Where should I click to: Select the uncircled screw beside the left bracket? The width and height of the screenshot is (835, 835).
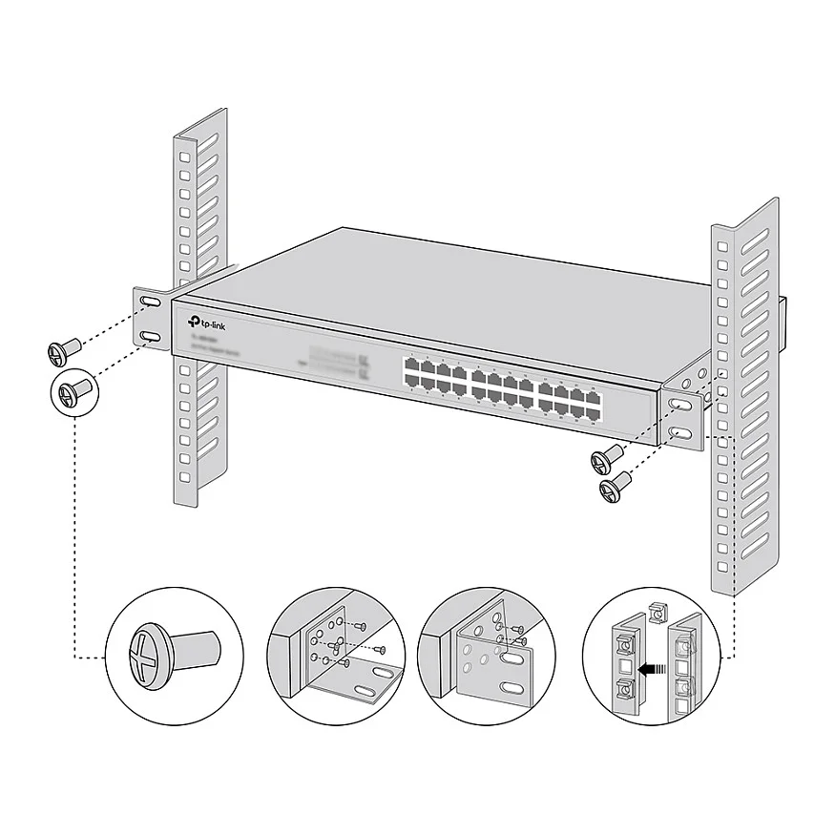(x=61, y=352)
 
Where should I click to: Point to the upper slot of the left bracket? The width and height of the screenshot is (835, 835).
(x=151, y=303)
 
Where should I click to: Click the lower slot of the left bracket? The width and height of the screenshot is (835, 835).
(x=151, y=338)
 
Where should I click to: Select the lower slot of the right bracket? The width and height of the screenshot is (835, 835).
(x=679, y=434)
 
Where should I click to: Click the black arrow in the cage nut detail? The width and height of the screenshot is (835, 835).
(x=652, y=670)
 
